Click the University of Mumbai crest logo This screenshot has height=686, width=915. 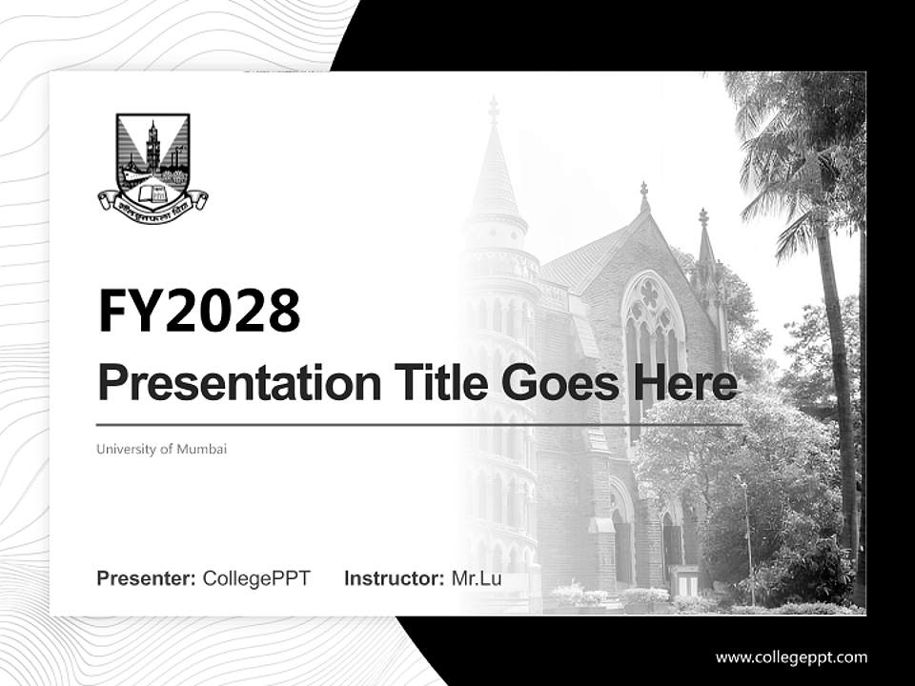click(x=152, y=162)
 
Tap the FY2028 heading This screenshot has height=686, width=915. click(x=198, y=312)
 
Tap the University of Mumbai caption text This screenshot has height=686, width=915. click(x=161, y=449)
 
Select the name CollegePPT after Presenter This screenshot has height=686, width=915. click(x=256, y=578)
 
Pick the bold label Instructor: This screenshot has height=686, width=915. click(x=394, y=578)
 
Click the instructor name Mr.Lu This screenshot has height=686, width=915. click(x=477, y=578)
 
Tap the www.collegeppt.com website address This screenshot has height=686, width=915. click(x=791, y=657)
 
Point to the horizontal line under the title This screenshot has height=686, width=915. click(x=419, y=424)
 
